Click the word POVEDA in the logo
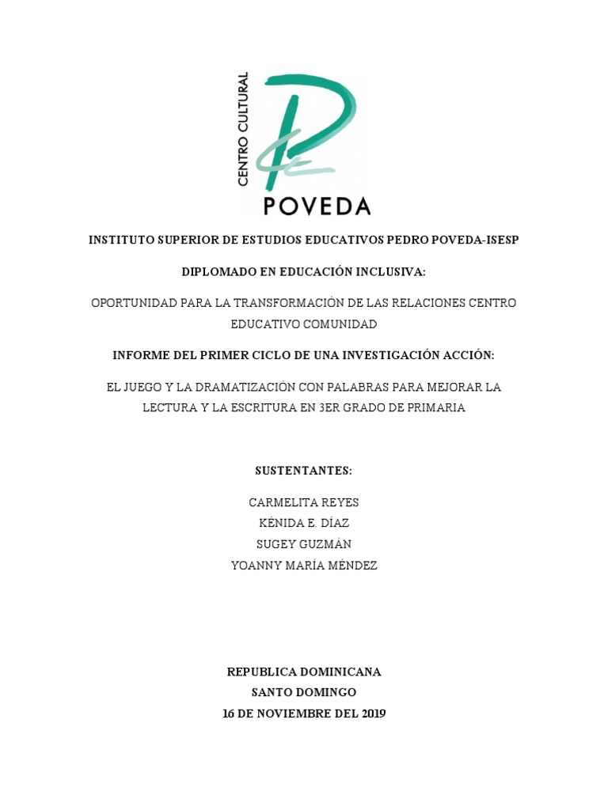pos(316,206)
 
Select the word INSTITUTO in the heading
pos(121,240)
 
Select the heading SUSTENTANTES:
pos(304,471)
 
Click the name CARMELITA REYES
pos(304,502)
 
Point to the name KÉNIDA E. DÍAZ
pos(304,523)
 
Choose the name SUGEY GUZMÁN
pos(304,544)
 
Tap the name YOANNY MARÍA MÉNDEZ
pos(304,566)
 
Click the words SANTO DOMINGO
pos(304,692)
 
